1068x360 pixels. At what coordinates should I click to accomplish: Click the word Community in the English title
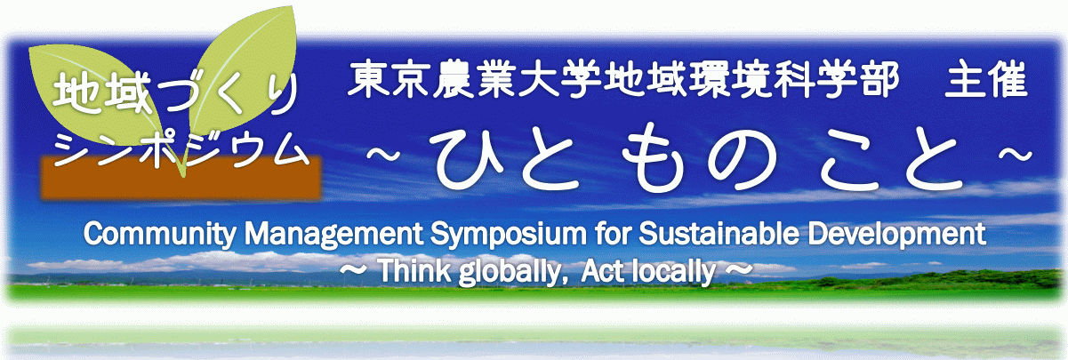click(160, 235)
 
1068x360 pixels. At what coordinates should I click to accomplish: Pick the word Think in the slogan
click(414, 271)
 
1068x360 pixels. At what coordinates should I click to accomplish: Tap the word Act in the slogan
click(602, 271)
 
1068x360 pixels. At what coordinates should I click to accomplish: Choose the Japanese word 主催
click(986, 80)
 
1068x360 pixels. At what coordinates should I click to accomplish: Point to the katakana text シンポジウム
click(181, 149)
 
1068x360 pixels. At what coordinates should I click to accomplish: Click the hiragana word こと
click(891, 160)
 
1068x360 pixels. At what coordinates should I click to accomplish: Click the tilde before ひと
click(383, 154)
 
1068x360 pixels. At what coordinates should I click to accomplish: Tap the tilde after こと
click(1016, 154)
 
